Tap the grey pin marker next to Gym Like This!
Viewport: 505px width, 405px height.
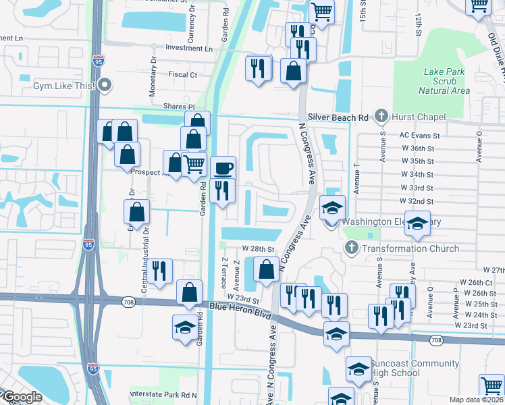pyautogui.click(x=105, y=86)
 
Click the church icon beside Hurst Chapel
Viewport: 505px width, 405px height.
pyautogui.click(x=381, y=117)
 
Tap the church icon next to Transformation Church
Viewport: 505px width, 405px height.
pyautogui.click(x=351, y=248)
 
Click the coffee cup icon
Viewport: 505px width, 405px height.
pyautogui.click(x=223, y=168)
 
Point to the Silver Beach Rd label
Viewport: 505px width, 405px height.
pyautogui.click(x=338, y=117)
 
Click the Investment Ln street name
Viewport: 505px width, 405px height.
pyautogui.click(x=189, y=49)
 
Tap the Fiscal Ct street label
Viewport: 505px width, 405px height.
pyautogui.click(x=183, y=75)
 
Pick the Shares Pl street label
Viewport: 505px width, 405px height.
pyautogui.click(x=178, y=107)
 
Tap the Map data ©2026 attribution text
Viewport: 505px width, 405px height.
pyautogui.click(x=476, y=400)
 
